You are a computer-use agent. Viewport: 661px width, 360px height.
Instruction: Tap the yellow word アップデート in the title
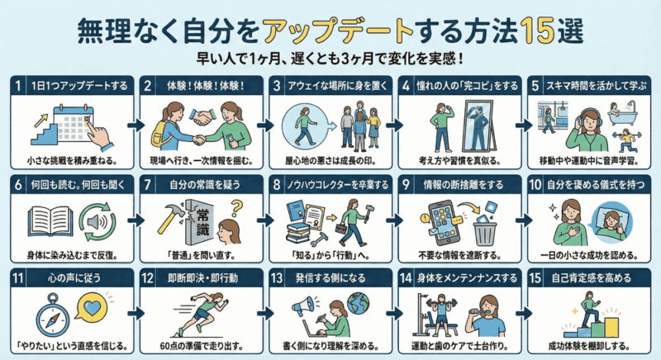[336, 31]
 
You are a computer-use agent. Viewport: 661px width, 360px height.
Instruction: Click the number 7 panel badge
[147, 184]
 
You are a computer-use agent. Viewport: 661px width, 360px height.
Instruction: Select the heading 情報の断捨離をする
[464, 184]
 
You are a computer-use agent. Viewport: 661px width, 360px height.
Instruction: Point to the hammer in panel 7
[172, 216]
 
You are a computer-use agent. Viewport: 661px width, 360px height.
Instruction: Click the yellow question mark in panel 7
[237, 207]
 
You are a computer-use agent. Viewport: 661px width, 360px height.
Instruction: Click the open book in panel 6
[50, 220]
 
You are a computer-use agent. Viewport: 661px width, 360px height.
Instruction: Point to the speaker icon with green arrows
[97, 221]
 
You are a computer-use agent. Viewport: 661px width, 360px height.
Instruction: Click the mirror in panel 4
[478, 126]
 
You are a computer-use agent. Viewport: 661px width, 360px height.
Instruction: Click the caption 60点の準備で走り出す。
[202, 346]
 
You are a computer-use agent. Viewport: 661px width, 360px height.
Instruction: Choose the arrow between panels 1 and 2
[136, 125]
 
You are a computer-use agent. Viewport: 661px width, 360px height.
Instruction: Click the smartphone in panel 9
[443, 223]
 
